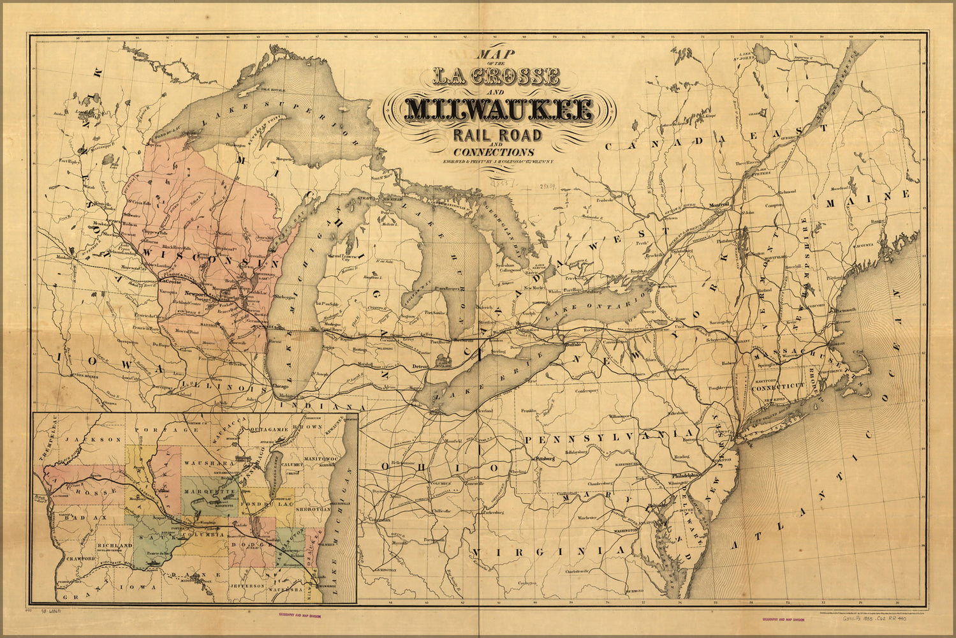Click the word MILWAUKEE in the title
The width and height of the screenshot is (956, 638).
pyautogui.click(x=499, y=110)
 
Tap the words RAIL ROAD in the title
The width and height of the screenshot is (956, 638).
pyautogui.click(x=497, y=135)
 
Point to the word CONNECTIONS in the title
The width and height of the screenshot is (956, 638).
pyautogui.click(x=494, y=152)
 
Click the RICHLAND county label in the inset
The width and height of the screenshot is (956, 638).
pyautogui.click(x=115, y=546)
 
